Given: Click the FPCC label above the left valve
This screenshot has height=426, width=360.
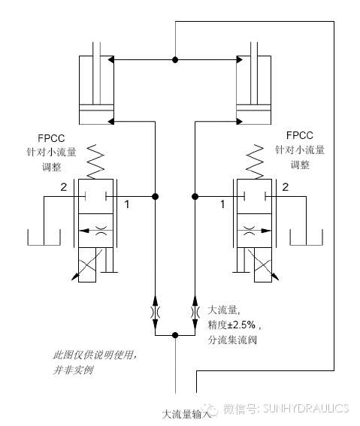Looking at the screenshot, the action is [51, 138].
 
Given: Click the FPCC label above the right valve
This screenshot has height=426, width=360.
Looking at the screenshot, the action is [299, 135].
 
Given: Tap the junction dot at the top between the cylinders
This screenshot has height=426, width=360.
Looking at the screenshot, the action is [175, 60].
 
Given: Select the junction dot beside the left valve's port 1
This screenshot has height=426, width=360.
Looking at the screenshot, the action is [155, 196].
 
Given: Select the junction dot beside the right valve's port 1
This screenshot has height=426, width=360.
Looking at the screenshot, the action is [195, 196].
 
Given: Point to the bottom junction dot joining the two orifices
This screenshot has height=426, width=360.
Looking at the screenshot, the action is [175, 335].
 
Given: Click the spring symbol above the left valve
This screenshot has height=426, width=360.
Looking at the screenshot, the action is [95, 162].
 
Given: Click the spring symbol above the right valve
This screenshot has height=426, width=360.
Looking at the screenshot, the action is [255, 162].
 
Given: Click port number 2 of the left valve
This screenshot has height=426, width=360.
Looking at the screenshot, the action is [63, 187].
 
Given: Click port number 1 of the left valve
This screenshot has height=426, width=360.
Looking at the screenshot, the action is [126, 204].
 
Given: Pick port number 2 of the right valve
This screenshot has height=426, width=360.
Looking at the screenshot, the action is [286, 187].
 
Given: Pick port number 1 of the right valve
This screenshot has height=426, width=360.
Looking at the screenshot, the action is [222, 204].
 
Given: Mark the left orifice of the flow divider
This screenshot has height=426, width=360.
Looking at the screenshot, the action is [155, 312].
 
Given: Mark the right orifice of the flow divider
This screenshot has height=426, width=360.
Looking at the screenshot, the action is [195, 312].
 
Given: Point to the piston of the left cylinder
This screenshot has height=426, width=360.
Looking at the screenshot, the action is [96, 110].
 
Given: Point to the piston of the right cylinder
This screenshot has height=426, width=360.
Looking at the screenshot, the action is [253, 110].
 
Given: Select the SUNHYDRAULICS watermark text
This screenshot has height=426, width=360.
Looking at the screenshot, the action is [306, 408].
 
